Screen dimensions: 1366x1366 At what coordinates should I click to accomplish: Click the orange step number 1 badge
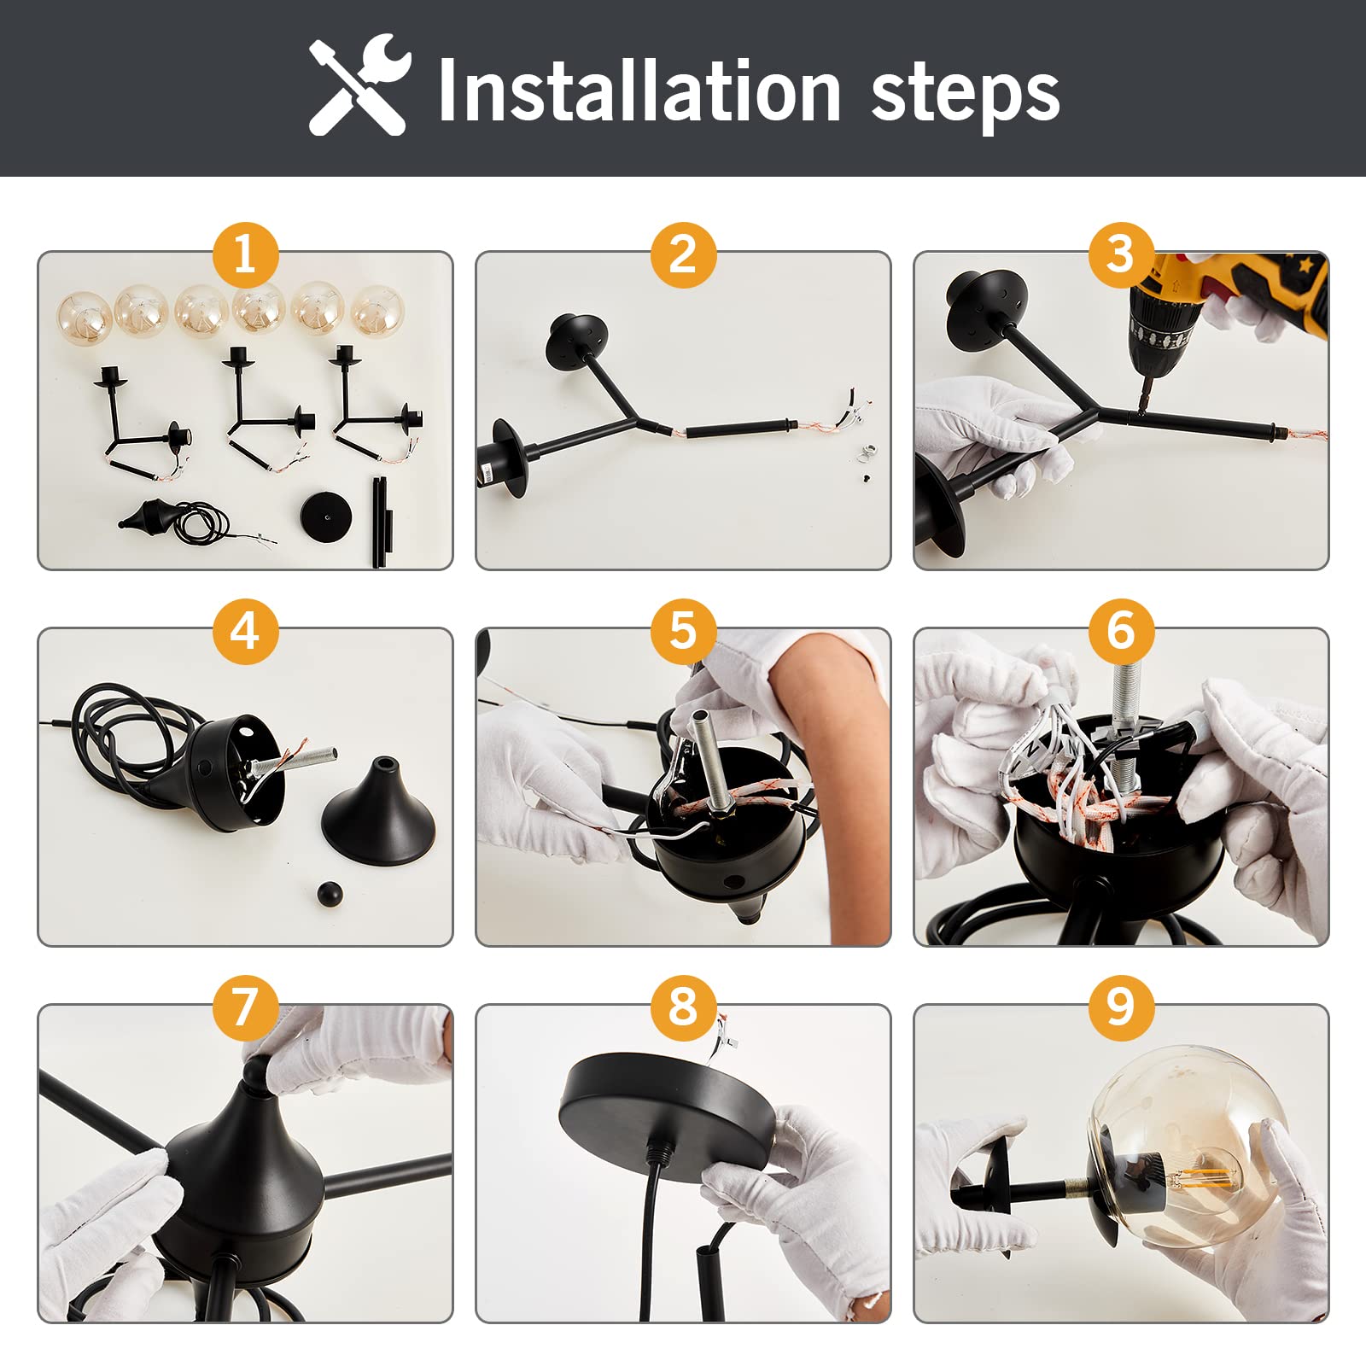245,255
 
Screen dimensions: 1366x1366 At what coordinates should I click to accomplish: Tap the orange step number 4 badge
245,632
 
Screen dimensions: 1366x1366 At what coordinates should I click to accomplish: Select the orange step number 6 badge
1121,632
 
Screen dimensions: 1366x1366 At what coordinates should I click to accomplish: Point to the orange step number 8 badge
683,1008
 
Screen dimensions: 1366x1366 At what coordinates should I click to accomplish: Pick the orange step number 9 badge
1121,1008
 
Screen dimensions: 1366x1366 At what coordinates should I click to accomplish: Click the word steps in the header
965,96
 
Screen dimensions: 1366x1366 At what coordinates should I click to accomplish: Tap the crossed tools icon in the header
359,85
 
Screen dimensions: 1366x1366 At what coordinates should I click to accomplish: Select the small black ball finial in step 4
330,894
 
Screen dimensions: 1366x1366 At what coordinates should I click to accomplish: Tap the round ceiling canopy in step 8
668,1101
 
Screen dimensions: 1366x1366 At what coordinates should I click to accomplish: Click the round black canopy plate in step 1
326,516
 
